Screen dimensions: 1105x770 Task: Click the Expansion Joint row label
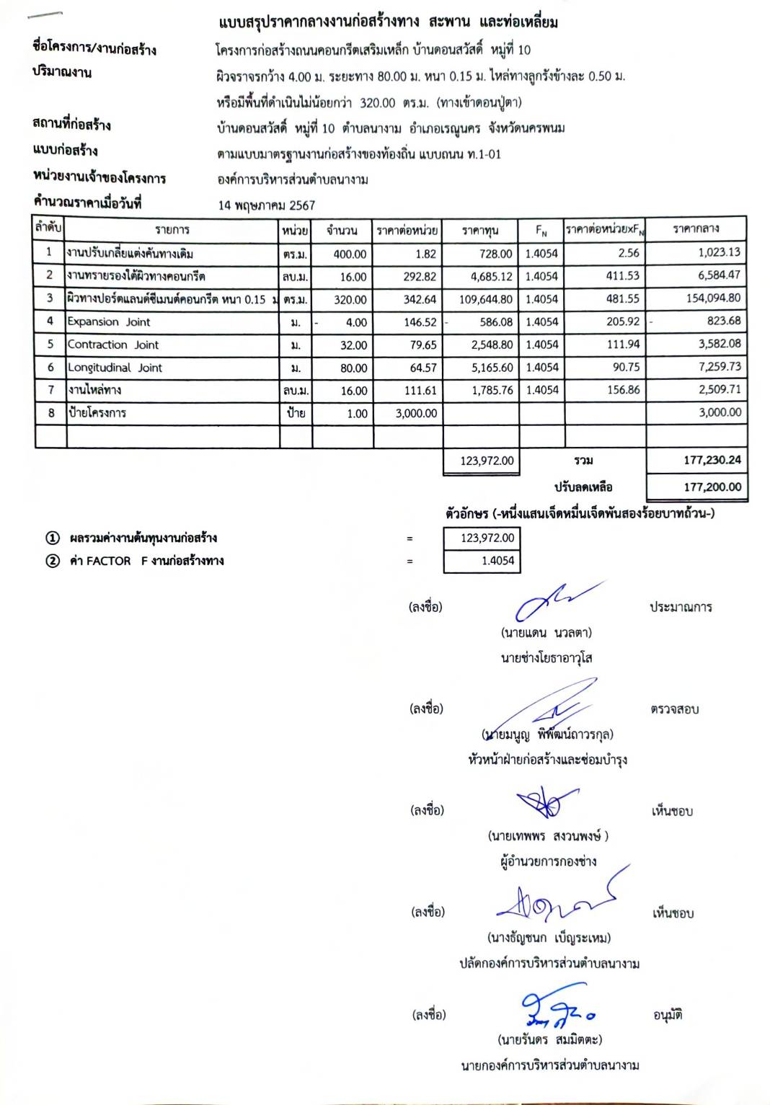109,322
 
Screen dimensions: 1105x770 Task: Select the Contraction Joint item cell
113,345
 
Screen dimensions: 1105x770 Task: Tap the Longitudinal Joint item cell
115,368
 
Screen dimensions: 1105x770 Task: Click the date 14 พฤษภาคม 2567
267,205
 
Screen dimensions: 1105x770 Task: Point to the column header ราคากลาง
696,229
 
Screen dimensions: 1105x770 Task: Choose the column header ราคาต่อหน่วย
407,230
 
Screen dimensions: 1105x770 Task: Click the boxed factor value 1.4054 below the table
497,561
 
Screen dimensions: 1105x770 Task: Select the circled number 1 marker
52,538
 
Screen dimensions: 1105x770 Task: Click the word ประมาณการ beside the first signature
681,607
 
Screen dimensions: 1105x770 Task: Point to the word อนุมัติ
668,1016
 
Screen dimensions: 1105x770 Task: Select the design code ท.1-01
484,154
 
